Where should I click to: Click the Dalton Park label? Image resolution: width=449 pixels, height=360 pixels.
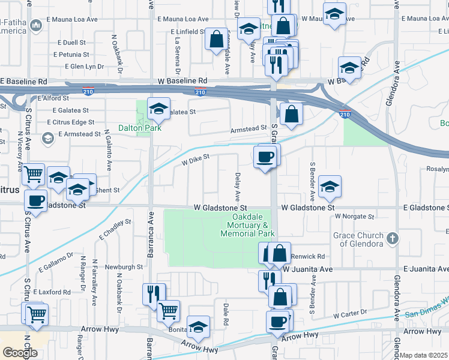click(x=134, y=128)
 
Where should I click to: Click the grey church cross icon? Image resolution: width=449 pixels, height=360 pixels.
click(x=393, y=238)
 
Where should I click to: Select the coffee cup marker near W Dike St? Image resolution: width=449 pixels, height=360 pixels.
click(x=265, y=157)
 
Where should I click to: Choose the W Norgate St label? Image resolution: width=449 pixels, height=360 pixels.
click(x=355, y=216)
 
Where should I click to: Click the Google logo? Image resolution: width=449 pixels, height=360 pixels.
click(x=20, y=353)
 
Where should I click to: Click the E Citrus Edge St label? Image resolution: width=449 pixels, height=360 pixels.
click(x=70, y=122)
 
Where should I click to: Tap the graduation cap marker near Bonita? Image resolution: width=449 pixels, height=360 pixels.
click(x=198, y=328)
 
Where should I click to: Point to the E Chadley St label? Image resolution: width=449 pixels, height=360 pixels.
click(x=115, y=230)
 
